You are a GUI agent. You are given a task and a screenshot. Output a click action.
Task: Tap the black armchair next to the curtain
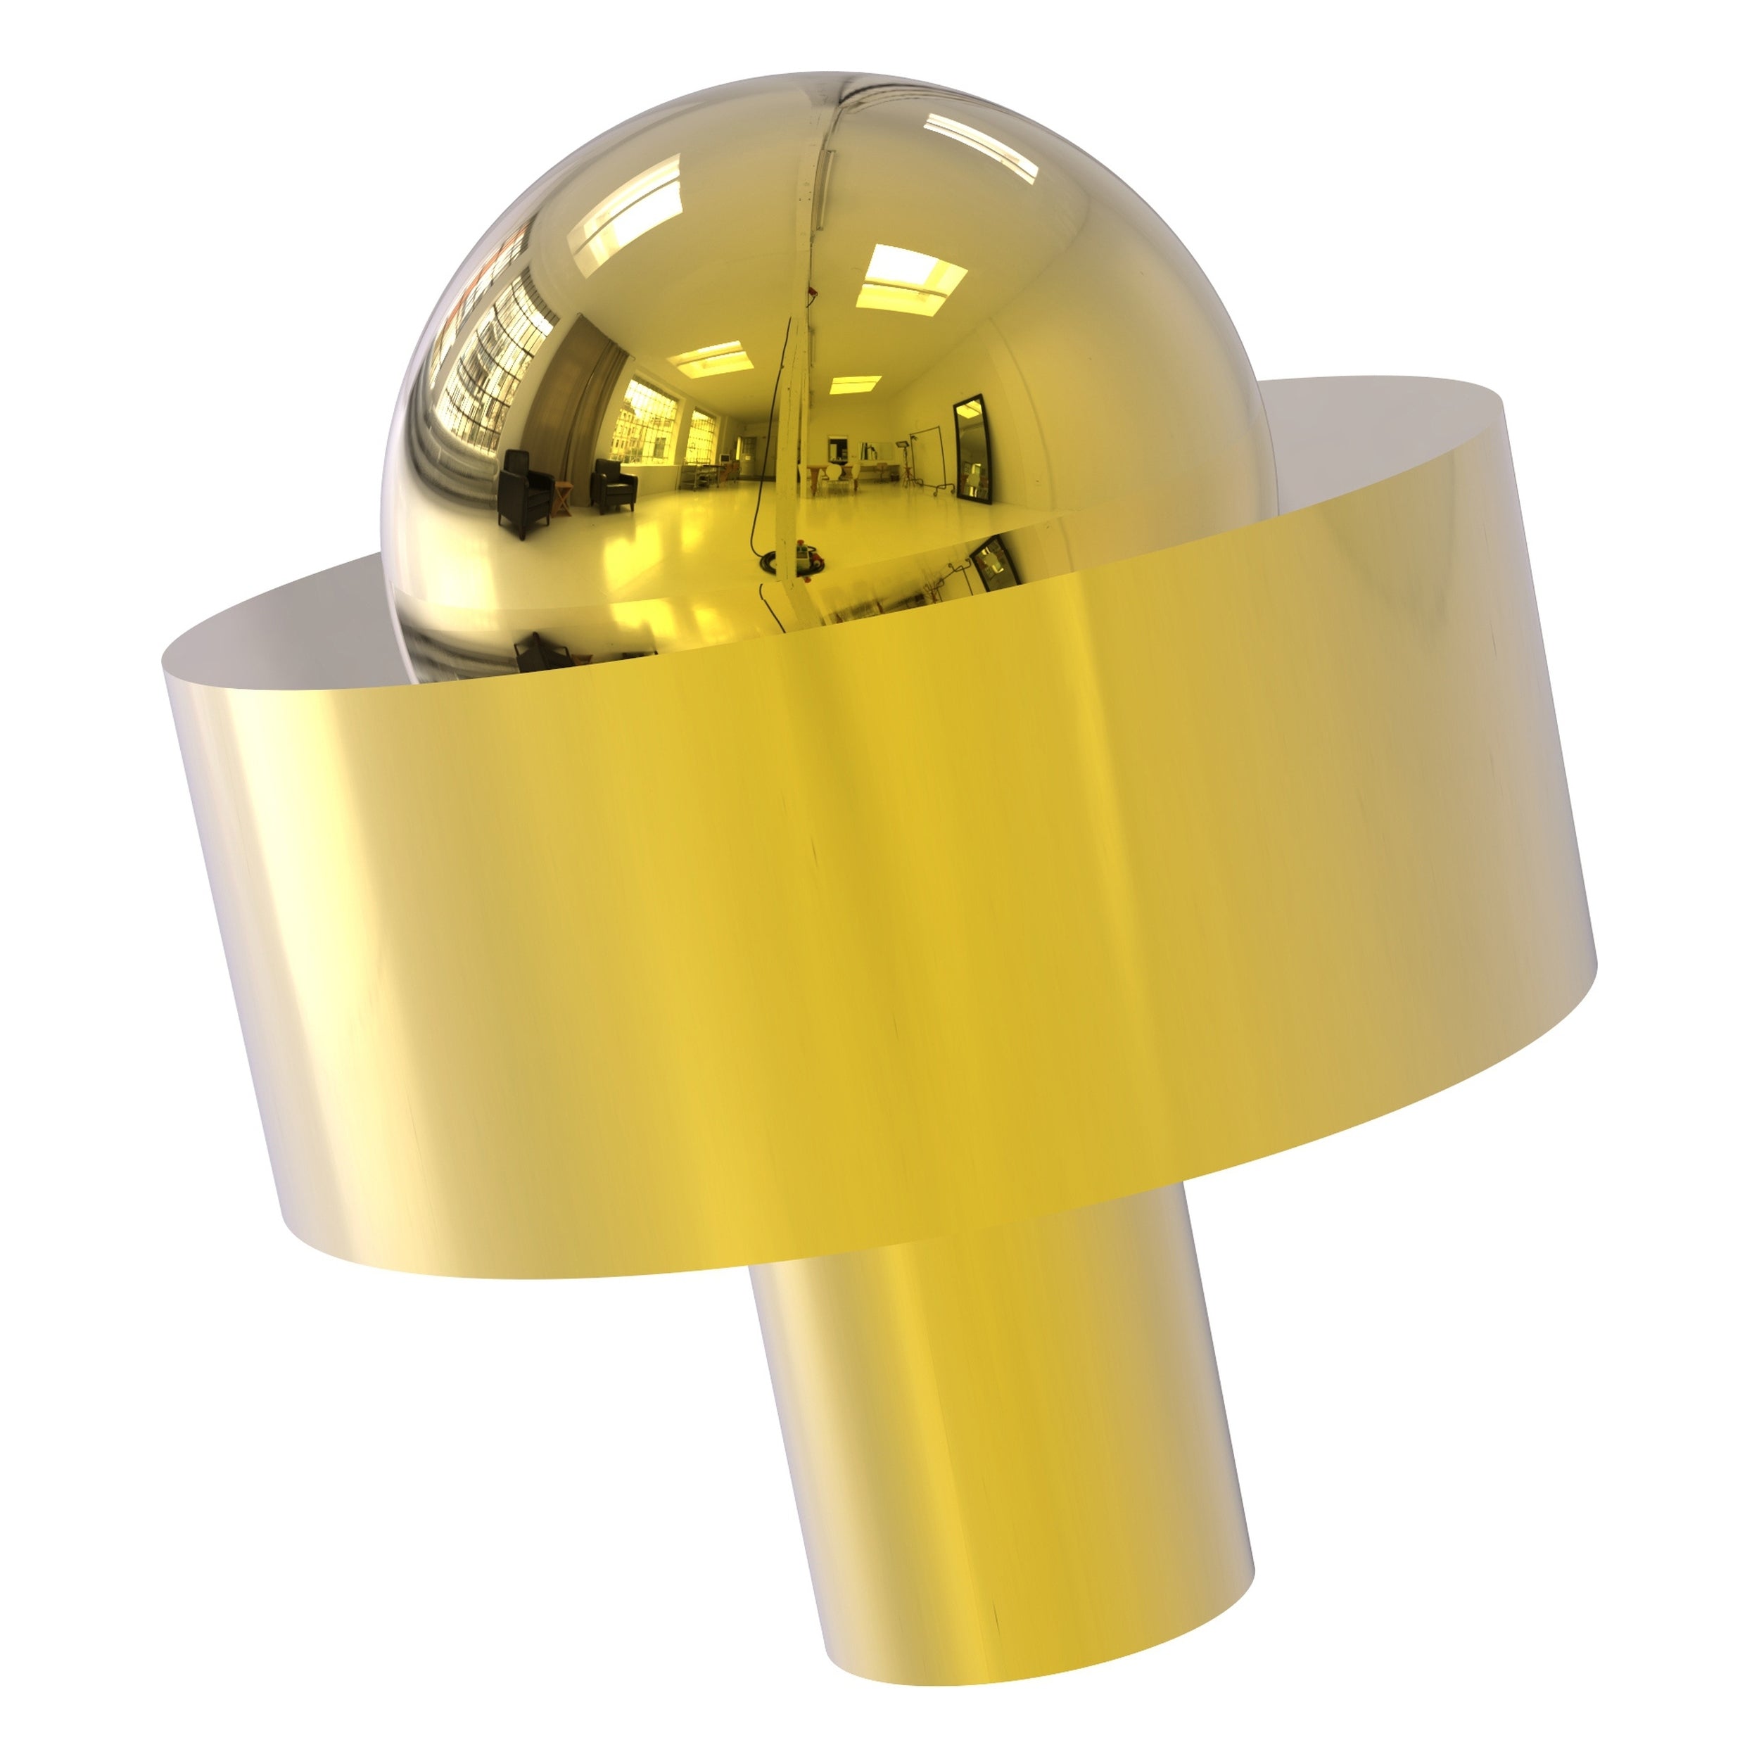pyautogui.click(x=614, y=483)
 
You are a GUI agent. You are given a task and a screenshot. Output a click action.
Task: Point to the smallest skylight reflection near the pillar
pyautogui.click(x=855, y=383)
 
